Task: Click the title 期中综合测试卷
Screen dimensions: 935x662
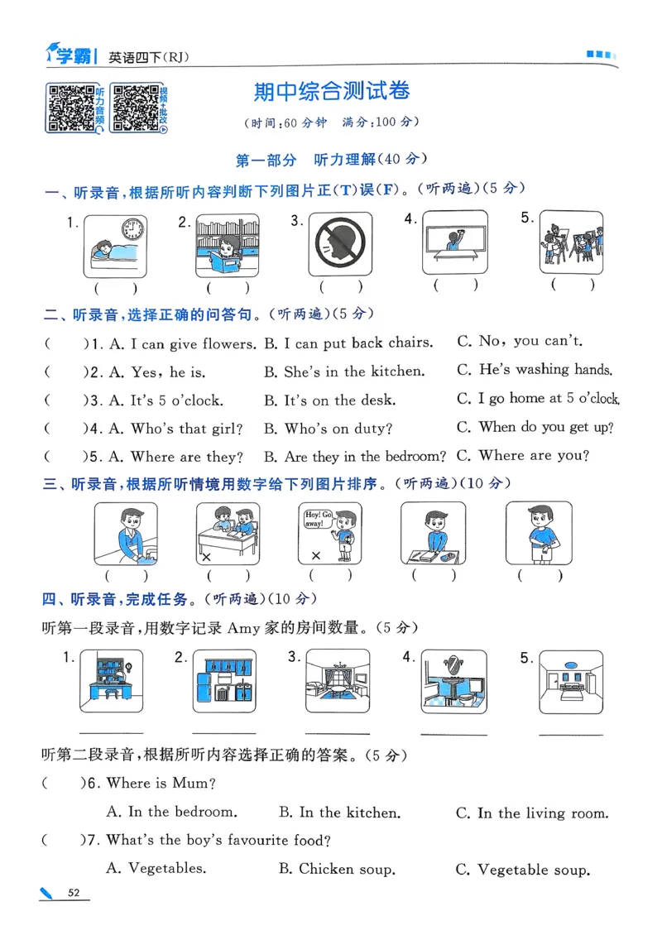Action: [332, 91]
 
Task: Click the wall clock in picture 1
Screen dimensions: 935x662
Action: [132, 228]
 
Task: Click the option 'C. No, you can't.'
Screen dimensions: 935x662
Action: [519, 341]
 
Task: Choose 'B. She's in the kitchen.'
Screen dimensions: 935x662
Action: [343, 372]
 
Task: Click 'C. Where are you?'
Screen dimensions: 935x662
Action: [522, 455]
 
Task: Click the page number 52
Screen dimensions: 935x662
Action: [74, 892]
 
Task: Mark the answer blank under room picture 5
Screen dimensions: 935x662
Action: [570, 733]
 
